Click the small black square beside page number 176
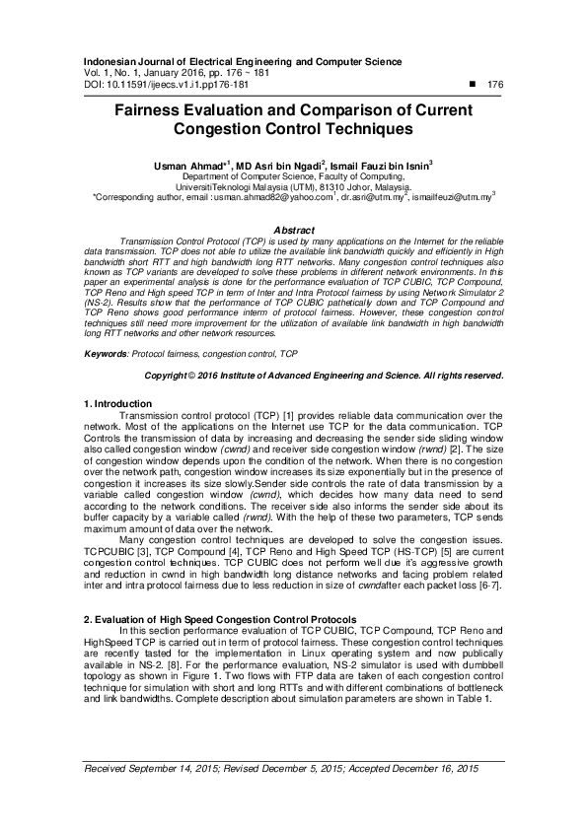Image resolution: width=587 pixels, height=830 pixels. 472,86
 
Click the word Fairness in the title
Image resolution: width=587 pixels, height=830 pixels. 153,110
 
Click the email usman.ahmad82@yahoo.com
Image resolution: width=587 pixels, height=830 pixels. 272,197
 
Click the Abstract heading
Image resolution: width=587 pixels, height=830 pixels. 293,230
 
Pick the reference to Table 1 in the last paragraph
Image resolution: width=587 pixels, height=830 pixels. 473,698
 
